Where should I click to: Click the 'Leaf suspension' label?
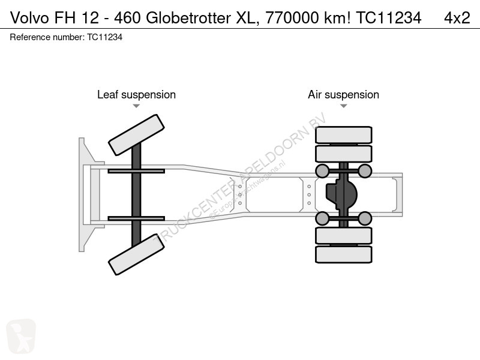pyautogui.click(x=136, y=95)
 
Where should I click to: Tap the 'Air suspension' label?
pyautogui.click(x=343, y=95)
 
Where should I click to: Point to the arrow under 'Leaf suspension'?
pyautogui.click(x=136, y=106)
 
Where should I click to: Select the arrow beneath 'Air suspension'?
pyautogui.click(x=343, y=106)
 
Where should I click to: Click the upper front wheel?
pyautogui.click(x=136, y=135)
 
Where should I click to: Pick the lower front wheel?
pyautogui.click(x=136, y=254)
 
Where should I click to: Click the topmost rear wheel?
pyautogui.click(x=344, y=134)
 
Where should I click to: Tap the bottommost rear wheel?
pyautogui.click(x=344, y=254)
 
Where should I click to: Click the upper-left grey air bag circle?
pyautogui.click(x=322, y=172)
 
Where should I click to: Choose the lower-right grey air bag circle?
pyautogui.click(x=365, y=218)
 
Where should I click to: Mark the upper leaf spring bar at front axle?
pyautogui.click(x=136, y=171)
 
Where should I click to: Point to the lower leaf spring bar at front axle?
pyautogui.click(x=136, y=218)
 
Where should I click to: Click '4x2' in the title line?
pyautogui.click(x=457, y=19)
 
